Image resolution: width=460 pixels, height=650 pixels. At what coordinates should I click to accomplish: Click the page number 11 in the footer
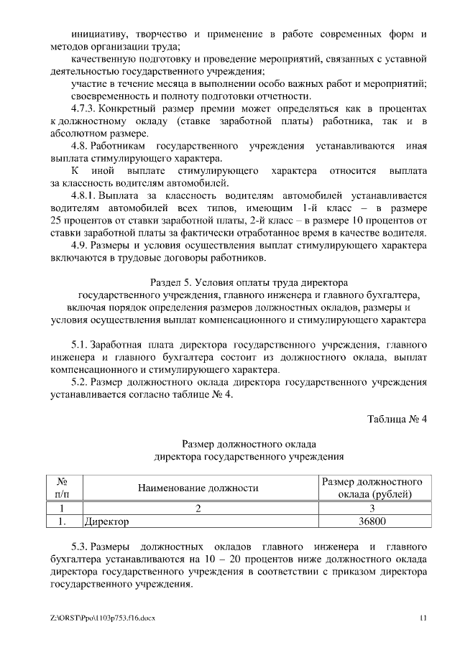[x=424, y=618]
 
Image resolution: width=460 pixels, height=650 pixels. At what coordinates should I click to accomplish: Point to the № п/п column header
[x=62, y=488]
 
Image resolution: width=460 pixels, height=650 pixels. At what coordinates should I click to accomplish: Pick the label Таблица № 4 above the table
[x=397, y=419]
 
